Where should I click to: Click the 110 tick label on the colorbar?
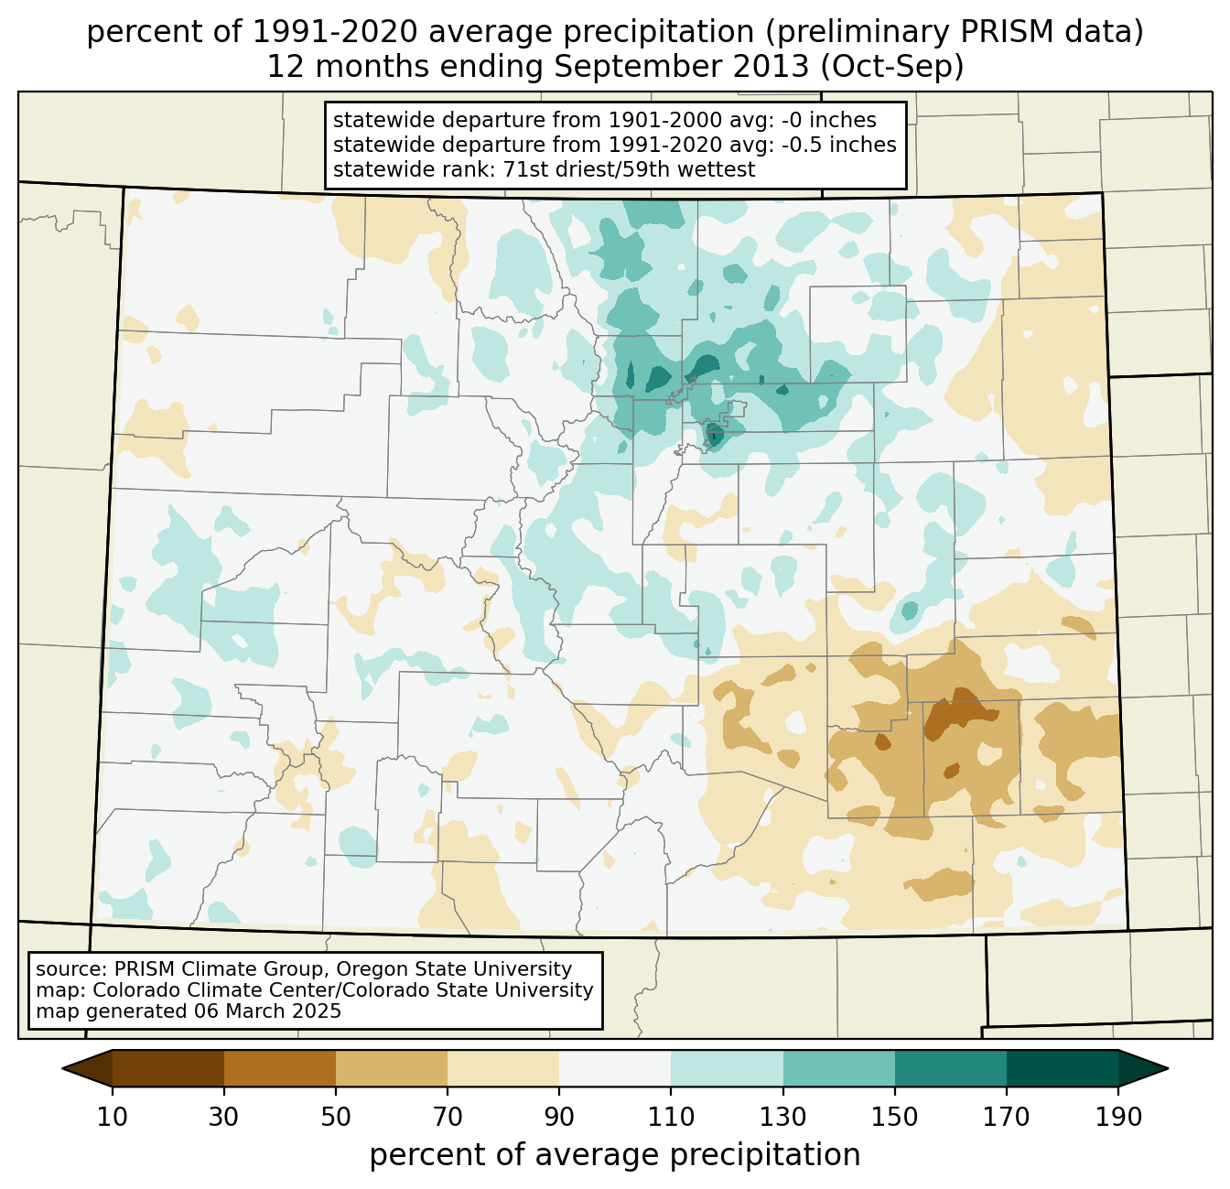672,1117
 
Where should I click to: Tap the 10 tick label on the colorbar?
113,1117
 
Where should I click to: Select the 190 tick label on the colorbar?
1118,1117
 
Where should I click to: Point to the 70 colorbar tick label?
448,1117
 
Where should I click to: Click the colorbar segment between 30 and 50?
280,1068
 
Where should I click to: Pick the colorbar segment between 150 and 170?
951,1068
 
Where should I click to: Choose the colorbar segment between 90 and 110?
615,1068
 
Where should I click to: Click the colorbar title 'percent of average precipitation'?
615,1155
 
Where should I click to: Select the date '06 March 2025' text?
267,1011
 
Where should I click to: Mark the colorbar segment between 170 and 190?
1063,1068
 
